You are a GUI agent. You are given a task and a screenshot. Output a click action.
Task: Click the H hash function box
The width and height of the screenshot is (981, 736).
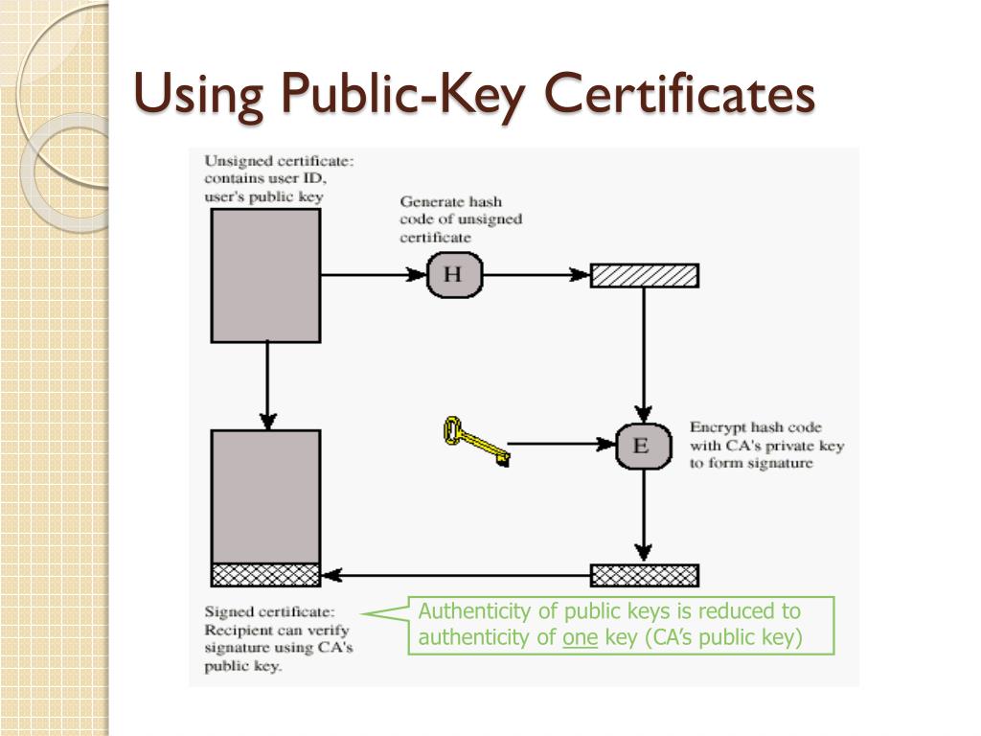click(454, 275)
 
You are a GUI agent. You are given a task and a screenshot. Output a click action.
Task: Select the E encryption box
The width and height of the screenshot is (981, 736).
click(642, 445)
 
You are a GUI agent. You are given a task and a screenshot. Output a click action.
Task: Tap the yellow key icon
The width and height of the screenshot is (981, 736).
click(473, 442)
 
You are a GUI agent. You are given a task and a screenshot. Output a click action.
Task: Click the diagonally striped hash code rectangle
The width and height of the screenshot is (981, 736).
click(644, 276)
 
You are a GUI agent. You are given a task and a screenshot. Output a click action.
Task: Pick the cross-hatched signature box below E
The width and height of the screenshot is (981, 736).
click(644, 575)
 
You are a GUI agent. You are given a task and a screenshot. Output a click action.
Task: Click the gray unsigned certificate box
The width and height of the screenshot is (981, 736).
click(265, 275)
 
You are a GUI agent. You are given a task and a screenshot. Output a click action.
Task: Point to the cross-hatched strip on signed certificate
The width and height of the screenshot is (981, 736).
click(265, 575)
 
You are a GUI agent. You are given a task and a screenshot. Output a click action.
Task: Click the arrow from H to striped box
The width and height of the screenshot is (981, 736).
click(536, 275)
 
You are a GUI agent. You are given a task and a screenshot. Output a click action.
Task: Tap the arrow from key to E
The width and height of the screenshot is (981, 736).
click(561, 444)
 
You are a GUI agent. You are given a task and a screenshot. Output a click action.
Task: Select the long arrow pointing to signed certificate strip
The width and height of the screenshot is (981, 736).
click(455, 576)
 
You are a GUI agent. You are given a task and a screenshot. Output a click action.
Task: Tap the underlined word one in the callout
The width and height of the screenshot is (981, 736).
click(581, 638)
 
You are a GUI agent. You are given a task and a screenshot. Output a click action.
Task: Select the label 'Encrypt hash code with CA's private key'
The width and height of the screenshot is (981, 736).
click(766, 445)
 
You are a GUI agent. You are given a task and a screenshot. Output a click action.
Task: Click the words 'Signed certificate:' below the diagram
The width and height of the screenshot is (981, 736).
click(269, 611)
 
